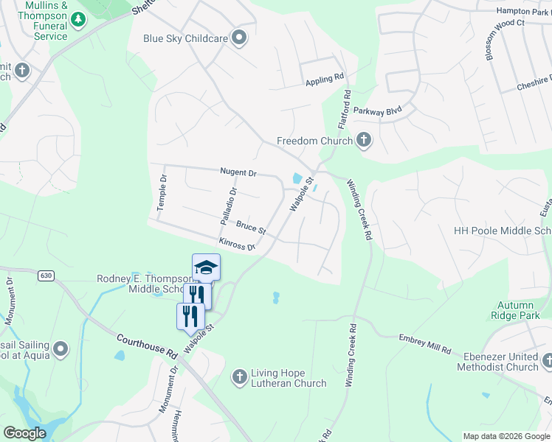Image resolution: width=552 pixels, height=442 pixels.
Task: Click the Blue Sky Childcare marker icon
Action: [x=238, y=38]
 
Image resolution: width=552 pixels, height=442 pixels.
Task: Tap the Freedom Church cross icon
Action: [x=363, y=140]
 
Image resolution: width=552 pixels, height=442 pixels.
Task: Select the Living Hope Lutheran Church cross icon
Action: [x=239, y=377]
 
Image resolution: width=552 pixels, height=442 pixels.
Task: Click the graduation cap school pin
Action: [x=207, y=267]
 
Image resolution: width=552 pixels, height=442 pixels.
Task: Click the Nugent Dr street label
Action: [x=238, y=173]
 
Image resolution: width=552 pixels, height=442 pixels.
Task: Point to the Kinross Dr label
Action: [x=236, y=243]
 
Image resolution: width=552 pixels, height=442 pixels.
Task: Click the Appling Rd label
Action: [x=325, y=77]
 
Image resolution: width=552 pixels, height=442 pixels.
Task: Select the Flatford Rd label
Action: [x=343, y=108]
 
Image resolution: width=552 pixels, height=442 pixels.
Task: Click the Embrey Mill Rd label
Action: [x=425, y=344]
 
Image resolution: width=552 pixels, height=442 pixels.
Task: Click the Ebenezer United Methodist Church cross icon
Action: [x=547, y=361]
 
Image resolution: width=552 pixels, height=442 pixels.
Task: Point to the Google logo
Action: [x=24, y=433]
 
